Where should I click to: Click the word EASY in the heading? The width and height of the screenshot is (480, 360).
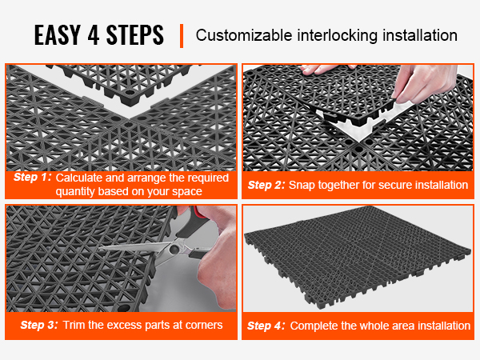click(x=58, y=35)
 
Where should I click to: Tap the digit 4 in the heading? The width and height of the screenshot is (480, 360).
click(x=94, y=35)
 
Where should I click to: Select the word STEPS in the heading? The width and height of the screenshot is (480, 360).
click(x=135, y=35)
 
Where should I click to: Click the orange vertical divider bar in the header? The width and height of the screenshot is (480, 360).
click(x=182, y=36)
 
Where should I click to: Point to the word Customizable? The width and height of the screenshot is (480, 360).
click(x=244, y=35)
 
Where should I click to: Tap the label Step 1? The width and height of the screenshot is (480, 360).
click(x=33, y=177)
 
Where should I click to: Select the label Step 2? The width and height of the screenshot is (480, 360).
click(x=266, y=185)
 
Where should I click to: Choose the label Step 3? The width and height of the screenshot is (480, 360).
click(x=39, y=325)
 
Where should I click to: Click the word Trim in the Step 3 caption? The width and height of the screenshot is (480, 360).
click(x=74, y=325)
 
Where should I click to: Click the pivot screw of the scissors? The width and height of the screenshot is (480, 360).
click(x=174, y=250)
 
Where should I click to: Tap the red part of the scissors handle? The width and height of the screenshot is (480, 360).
click(x=198, y=214)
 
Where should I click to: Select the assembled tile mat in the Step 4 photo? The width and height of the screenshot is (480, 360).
click(x=358, y=256)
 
